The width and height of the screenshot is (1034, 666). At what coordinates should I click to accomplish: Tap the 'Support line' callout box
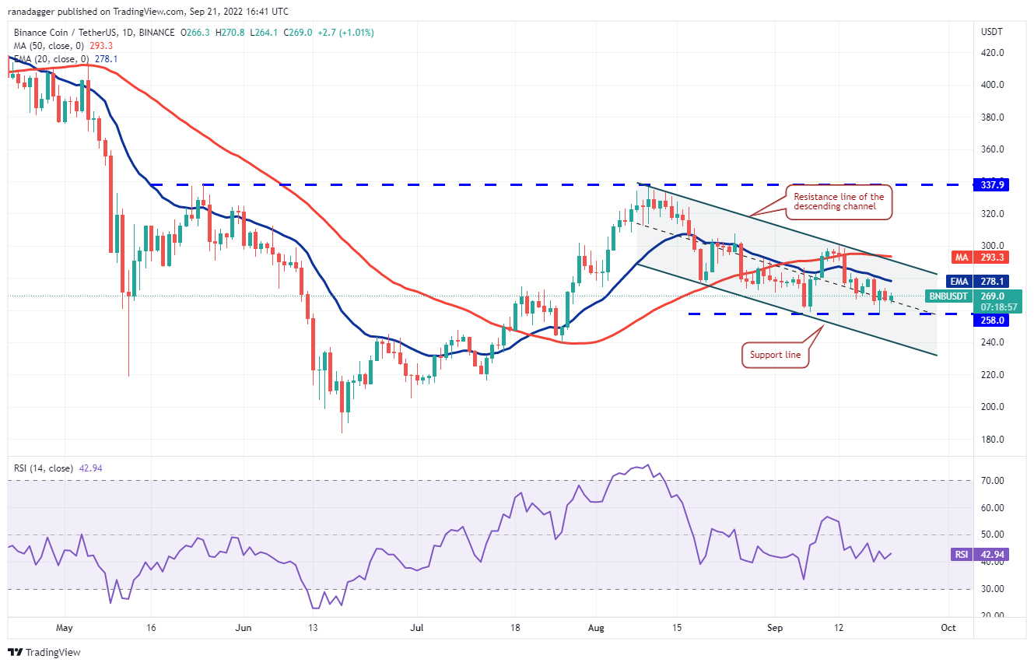tap(774, 355)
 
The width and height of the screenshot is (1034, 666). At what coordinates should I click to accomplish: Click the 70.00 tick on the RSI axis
tap(993, 481)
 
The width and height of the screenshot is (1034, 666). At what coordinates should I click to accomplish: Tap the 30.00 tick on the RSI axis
tap(993, 589)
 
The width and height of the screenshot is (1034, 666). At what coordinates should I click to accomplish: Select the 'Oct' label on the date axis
tap(948, 626)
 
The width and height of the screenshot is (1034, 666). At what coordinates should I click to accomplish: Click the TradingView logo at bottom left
tap(44, 652)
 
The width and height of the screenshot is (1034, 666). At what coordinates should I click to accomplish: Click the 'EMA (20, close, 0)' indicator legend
tap(50, 58)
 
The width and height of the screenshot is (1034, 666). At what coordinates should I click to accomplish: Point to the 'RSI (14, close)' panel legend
tap(44, 468)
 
